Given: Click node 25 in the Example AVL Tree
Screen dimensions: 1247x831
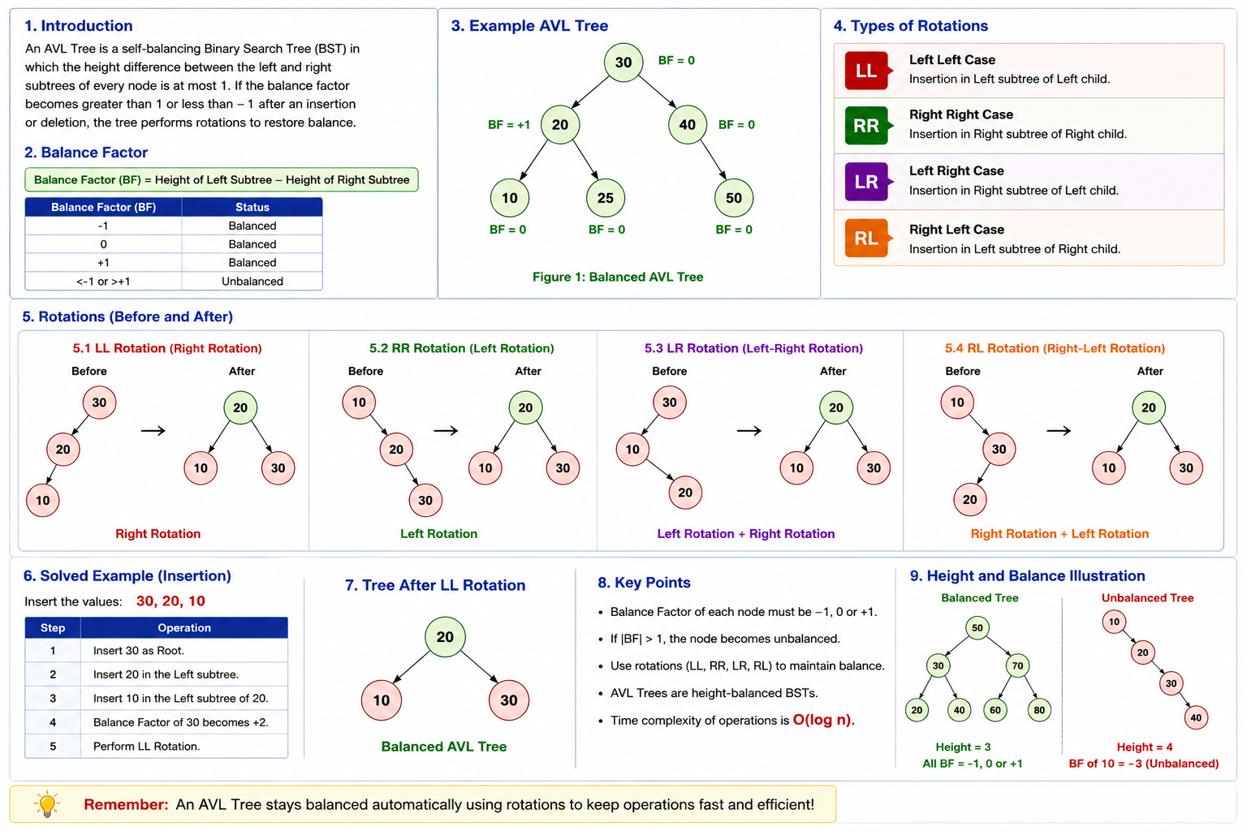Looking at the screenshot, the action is coord(605,197).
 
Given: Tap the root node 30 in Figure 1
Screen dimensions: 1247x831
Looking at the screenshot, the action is coord(623,62).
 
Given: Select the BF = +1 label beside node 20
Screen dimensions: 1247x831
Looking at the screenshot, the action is coord(509,125).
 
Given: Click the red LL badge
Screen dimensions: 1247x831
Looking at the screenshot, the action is coord(867,71).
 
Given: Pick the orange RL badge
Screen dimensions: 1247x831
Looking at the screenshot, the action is coord(867,239).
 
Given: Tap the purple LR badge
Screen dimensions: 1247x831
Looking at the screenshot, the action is coord(867,182).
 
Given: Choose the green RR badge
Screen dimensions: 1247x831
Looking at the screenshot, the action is coord(867,126).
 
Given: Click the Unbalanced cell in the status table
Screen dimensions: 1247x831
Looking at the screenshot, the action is coord(252,281).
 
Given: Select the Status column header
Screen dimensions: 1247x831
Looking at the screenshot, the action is coord(252,207).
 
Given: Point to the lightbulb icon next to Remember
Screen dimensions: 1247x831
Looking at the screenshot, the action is coord(47,803).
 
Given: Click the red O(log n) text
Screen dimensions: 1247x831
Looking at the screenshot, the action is coord(823,720).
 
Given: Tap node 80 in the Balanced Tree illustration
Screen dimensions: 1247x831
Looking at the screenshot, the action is coord(1039,709).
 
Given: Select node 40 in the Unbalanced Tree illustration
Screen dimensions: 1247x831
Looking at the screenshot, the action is coord(1196,717).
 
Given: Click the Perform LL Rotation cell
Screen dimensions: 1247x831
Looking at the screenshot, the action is coord(146,746).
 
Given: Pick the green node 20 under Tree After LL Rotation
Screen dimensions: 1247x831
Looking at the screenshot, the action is coord(445,637).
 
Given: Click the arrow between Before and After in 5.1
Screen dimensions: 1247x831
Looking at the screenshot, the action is coord(153,430).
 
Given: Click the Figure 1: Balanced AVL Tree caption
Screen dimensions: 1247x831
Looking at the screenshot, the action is coord(618,277).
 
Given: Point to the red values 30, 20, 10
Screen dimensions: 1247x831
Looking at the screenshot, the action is coord(171,601).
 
